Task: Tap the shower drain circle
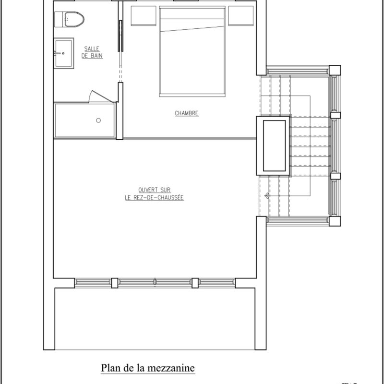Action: pyautogui.click(x=98, y=120)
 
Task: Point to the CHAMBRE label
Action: pyautogui.click(x=187, y=114)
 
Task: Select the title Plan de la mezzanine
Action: pyautogui.click(x=147, y=368)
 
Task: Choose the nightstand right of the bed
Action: pyautogui.click(x=241, y=15)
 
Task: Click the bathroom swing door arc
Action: pyautogui.click(x=102, y=95)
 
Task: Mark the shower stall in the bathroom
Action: pyautogui.click(x=85, y=120)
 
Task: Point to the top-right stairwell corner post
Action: pyautogui.click(x=335, y=70)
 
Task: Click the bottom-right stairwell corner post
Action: pyautogui.click(x=335, y=221)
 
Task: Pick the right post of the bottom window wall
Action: pyautogui.click(x=195, y=283)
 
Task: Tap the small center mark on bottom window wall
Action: pyautogui.click(x=155, y=282)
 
